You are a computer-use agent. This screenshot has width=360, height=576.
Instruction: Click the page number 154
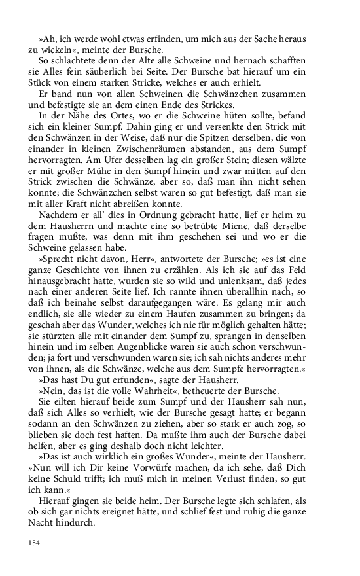(34, 543)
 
